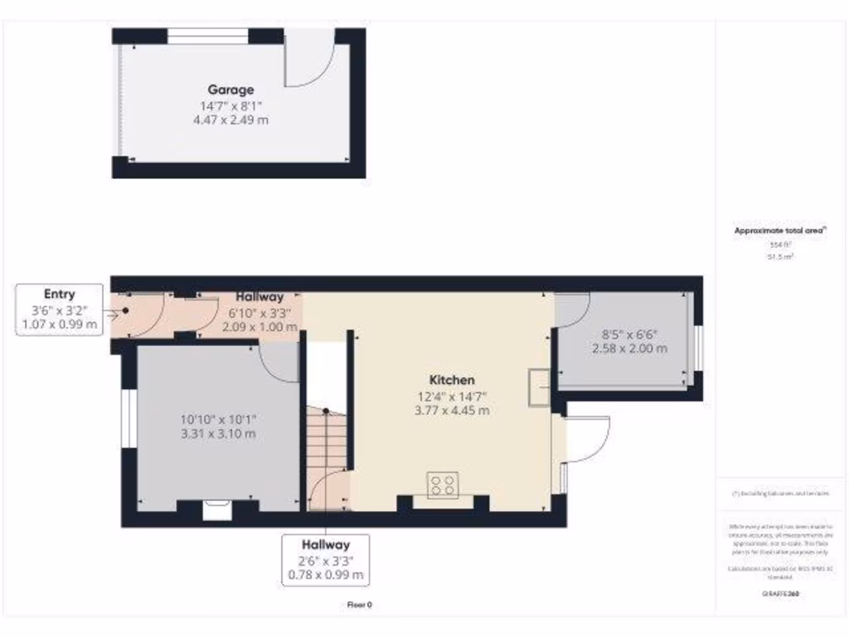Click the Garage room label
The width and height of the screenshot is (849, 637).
click(x=230, y=90)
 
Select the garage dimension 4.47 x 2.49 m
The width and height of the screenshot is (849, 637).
click(x=230, y=119)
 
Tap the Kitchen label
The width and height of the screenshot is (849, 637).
click(x=452, y=380)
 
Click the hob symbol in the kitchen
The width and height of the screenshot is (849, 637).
click(x=442, y=484)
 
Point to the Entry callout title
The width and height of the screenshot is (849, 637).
click(x=59, y=294)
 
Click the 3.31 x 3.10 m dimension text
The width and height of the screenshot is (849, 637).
click(x=218, y=433)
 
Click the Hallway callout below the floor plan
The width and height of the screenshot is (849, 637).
click(x=325, y=545)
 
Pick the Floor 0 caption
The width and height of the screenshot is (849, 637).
click(x=358, y=605)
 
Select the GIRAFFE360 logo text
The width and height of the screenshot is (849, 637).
click(x=779, y=594)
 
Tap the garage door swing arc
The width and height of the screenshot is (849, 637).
click(x=312, y=66)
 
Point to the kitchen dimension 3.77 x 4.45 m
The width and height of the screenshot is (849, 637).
click(x=452, y=410)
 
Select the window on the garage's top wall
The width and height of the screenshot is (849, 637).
click(x=207, y=36)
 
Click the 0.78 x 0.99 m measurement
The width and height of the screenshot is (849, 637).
click(x=325, y=575)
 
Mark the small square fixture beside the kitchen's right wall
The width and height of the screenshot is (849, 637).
click(x=538, y=387)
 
